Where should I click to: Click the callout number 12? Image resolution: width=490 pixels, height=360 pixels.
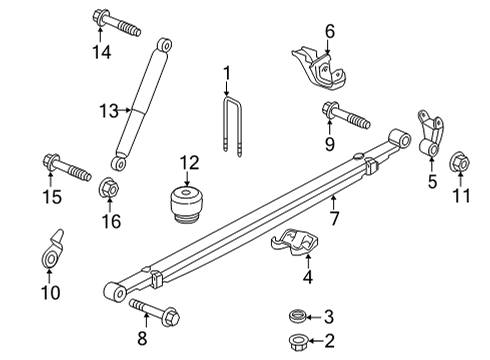tap(190, 161)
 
